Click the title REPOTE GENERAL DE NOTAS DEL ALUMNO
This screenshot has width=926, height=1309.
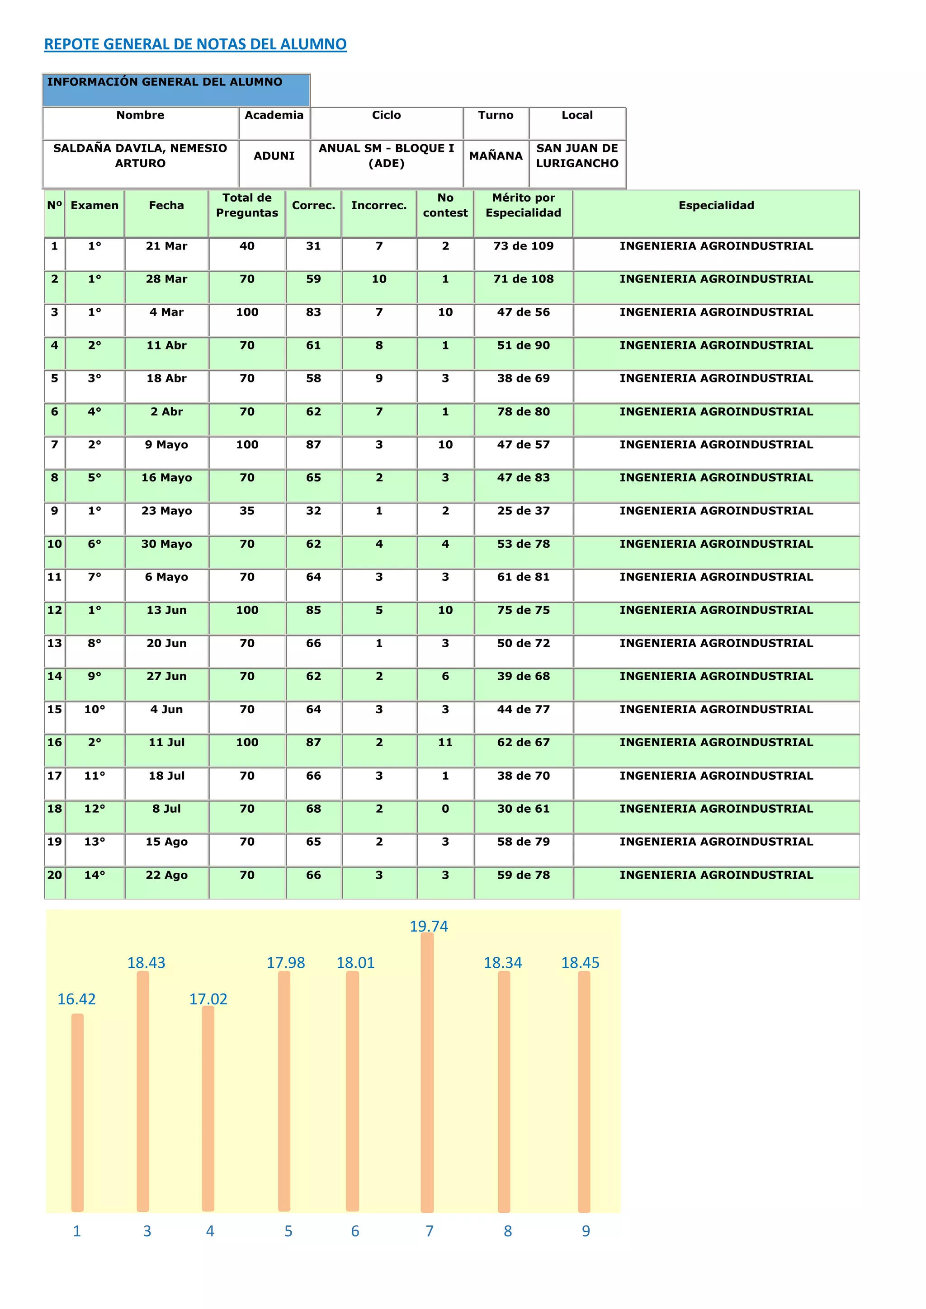click(x=195, y=44)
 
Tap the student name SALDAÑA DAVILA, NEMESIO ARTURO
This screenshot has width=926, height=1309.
click(x=140, y=155)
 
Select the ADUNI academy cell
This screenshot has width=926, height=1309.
click(x=274, y=155)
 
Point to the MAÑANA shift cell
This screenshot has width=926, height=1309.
click(x=496, y=155)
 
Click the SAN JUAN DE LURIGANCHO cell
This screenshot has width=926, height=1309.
click(x=577, y=155)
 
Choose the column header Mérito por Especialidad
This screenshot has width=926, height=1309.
click(x=524, y=205)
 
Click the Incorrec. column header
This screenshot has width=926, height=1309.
click(x=378, y=205)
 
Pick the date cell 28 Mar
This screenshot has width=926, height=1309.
click(x=166, y=279)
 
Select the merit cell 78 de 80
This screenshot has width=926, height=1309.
click(x=524, y=412)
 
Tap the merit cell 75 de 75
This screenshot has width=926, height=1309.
click(x=524, y=610)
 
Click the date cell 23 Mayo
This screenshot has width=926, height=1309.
click(x=166, y=511)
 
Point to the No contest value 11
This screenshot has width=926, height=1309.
click(x=445, y=742)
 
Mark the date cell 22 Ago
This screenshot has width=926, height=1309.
click(x=166, y=875)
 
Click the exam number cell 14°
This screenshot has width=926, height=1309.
click(x=94, y=875)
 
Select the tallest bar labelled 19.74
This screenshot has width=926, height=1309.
click(x=427, y=1072)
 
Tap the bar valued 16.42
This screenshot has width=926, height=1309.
click(x=78, y=1112)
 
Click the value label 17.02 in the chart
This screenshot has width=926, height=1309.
click(x=208, y=999)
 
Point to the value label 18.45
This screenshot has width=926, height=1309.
click(x=580, y=963)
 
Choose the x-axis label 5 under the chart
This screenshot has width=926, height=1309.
click(x=288, y=1231)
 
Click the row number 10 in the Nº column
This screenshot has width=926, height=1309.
click(x=55, y=544)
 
